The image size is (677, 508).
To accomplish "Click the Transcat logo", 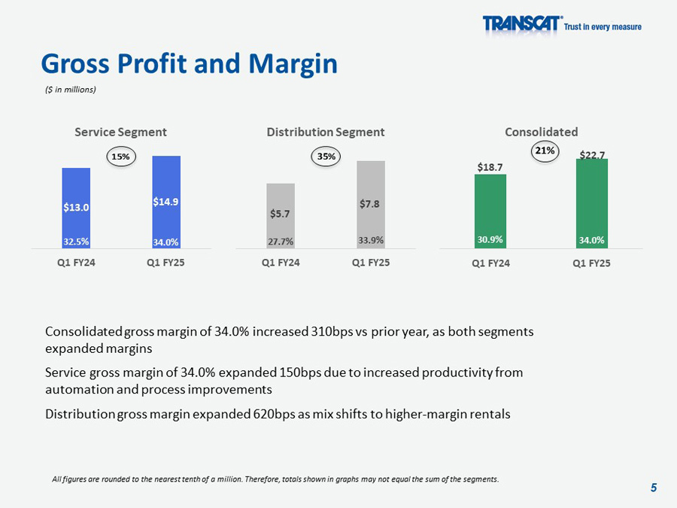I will (x=522, y=25).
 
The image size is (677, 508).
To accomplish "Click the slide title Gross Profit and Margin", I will (x=189, y=64).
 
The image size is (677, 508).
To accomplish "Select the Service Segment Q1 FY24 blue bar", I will (x=76, y=208).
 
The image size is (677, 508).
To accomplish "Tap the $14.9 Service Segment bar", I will (x=166, y=202).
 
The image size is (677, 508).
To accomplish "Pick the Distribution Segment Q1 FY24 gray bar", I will (x=281, y=215).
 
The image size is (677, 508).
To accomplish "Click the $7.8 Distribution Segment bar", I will (x=371, y=204).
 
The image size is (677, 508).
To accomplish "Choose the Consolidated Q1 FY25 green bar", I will (x=592, y=203).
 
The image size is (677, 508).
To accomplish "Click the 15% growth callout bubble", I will (x=120, y=157).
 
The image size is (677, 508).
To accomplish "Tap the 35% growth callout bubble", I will (x=326, y=157).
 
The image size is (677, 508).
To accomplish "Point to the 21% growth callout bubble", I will (x=545, y=151).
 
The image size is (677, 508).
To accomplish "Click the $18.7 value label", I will (x=490, y=166).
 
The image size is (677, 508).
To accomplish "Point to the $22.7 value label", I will (x=592, y=155).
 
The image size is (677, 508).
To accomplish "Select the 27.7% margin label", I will (x=281, y=242).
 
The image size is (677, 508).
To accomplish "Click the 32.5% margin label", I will (x=76, y=242).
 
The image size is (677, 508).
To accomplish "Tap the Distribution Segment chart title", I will (x=325, y=132).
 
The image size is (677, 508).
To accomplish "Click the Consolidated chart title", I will (x=542, y=132).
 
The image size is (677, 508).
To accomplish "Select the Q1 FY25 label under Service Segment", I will (x=166, y=263).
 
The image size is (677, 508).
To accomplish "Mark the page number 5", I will (x=654, y=488).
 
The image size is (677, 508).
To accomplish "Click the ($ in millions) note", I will (x=68, y=90).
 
